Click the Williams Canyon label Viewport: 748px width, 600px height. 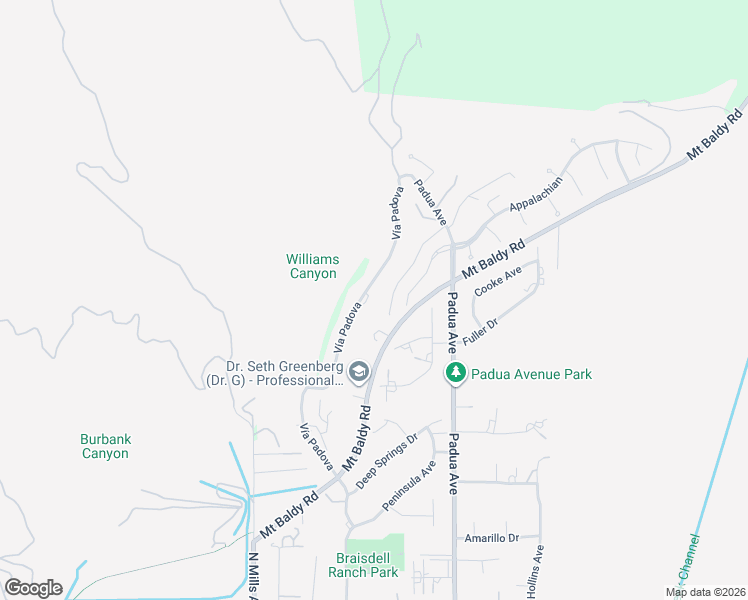click(x=312, y=267)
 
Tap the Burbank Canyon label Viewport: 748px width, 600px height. click(x=105, y=446)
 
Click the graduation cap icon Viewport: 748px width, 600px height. click(x=360, y=374)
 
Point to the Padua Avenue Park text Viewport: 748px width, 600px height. click(x=532, y=374)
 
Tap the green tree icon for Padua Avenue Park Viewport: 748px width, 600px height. click(x=456, y=374)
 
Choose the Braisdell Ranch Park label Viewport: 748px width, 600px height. click(x=362, y=565)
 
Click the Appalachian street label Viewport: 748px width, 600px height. click(x=537, y=193)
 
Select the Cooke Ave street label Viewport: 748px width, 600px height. click(x=498, y=281)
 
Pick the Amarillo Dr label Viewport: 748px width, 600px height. click(x=492, y=538)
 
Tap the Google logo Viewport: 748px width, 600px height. click(x=33, y=588)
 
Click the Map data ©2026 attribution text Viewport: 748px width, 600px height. click(x=704, y=592)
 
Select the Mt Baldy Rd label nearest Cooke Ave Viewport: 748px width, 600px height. click(x=493, y=259)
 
